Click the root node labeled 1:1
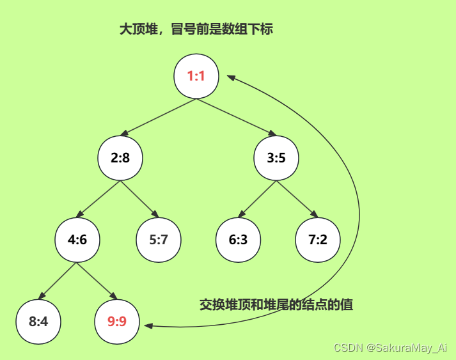click(x=196, y=77)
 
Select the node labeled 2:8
click(x=120, y=158)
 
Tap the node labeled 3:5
click(x=276, y=158)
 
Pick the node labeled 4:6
click(x=77, y=240)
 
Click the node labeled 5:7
click(x=159, y=240)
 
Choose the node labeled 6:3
click(x=238, y=240)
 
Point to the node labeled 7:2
click(x=318, y=240)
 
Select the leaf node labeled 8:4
click(x=38, y=321)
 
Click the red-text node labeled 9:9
click(x=117, y=321)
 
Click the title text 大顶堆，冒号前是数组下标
click(x=196, y=29)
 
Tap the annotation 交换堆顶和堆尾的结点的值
click(x=276, y=304)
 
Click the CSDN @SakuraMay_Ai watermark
click(x=391, y=348)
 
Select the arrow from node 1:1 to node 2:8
click(x=159, y=117)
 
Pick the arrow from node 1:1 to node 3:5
click(x=236, y=117)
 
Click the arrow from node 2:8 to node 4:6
click(x=98, y=199)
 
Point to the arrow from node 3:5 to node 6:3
click(x=257, y=199)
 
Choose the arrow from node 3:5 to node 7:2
click(x=297, y=199)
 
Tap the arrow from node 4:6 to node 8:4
click(x=58, y=281)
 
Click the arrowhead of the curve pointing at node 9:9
click(x=148, y=325)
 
